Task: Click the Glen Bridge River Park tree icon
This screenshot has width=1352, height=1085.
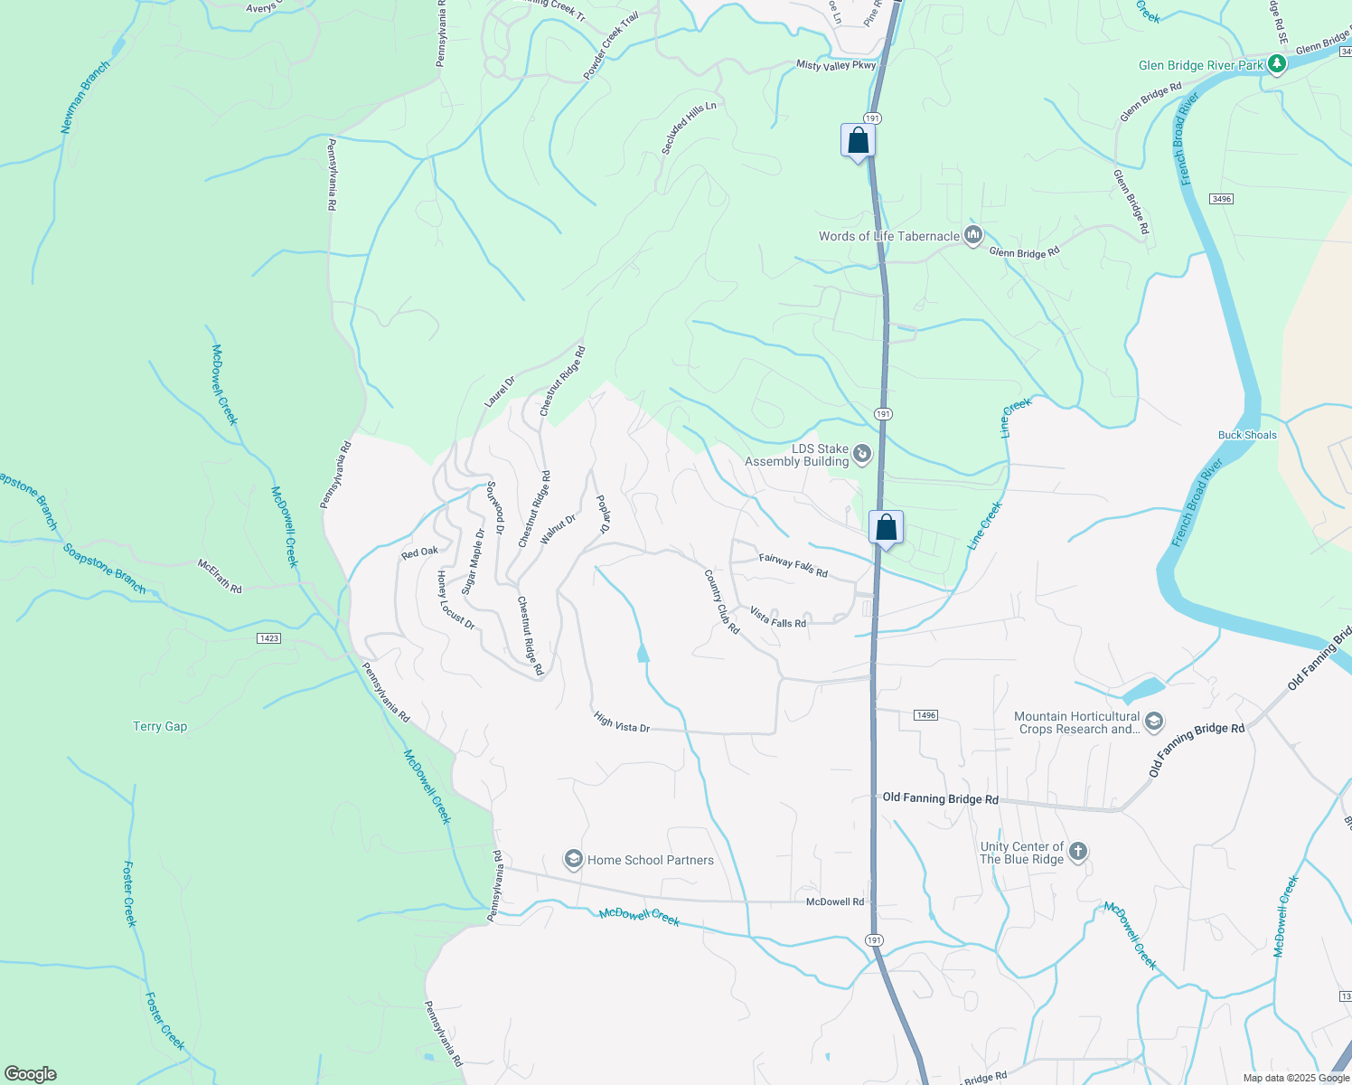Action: click(1276, 64)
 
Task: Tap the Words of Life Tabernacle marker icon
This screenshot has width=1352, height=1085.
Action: click(973, 236)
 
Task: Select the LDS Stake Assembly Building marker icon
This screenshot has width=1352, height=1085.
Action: click(862, 454)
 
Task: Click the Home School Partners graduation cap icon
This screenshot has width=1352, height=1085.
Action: click(573, 860)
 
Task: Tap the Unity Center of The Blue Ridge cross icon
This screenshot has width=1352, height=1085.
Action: click(1077, 852)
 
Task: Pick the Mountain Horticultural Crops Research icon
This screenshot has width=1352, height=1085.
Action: click(1153, 722)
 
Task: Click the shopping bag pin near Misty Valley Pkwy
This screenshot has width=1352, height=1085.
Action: click(858, 141)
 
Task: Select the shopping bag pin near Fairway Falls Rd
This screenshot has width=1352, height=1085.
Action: click(887, 528)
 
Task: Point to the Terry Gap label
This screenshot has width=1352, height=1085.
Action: click(160, 726)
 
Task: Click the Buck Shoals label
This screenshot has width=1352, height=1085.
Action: click(1247, 435)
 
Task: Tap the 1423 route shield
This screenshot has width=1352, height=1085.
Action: click(268, 638)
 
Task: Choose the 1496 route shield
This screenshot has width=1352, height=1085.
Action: click(925, 715)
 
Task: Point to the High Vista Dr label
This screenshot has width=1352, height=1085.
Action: click(622, 722)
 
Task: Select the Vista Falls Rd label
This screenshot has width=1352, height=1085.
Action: click(778, 618)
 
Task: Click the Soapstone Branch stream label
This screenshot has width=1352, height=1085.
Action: click(104, 569)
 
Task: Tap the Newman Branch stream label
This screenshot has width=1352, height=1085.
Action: click(85, 98)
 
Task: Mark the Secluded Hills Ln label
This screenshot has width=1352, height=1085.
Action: click(689, 127)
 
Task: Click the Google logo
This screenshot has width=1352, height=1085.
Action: click(31, 1073)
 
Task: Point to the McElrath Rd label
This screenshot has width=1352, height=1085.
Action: click(221, 576)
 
